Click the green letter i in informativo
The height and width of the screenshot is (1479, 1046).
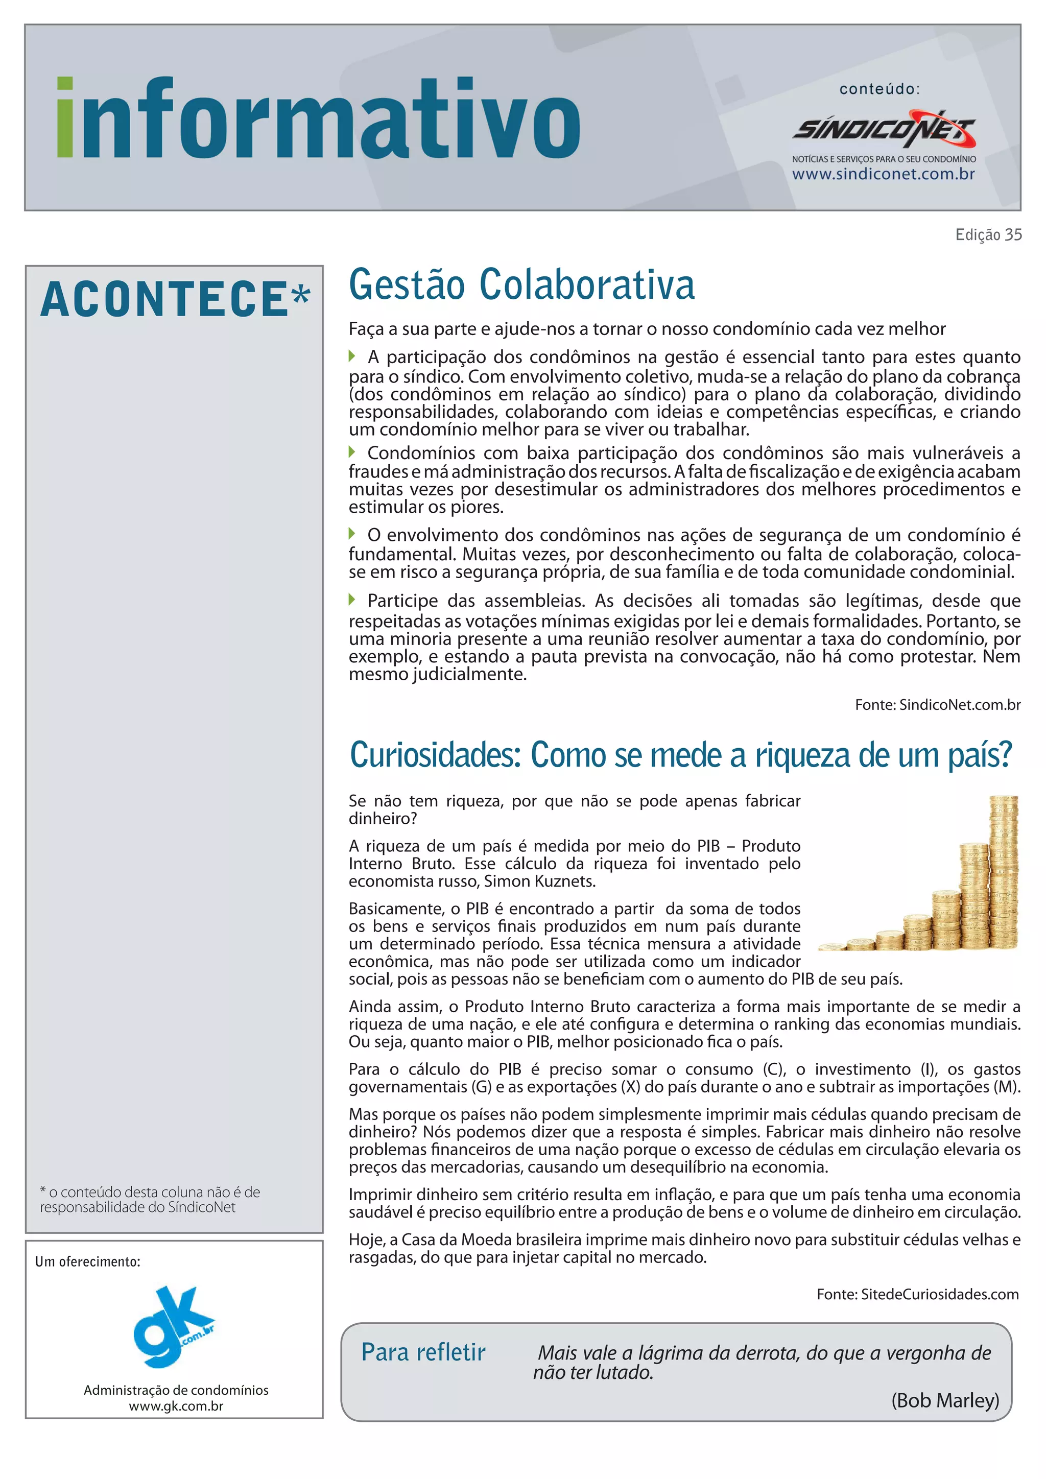coord(65,117)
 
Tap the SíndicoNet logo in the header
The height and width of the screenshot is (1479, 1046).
coord(884,130)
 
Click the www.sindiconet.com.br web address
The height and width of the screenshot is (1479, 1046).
coord(883,174)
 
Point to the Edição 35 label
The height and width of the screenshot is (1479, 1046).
coord(988,235)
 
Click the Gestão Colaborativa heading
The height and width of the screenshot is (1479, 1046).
coord(521,285)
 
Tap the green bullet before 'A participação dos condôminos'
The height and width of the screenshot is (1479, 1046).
coord(352,355)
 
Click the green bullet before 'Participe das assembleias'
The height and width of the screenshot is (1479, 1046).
coord(352,600)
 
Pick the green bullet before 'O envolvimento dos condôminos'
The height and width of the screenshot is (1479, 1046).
coord(352,533)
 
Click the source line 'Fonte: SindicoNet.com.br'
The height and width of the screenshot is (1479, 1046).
coord(937,705)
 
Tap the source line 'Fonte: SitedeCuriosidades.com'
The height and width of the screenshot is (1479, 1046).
coord(917,1294)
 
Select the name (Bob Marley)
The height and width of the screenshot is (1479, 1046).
coord(945,1400)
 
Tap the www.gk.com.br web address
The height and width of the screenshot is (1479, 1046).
coord(176,1406)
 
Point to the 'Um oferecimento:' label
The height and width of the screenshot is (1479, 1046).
coord(88,1261)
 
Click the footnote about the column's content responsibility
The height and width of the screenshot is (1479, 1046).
coord(150,1200)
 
